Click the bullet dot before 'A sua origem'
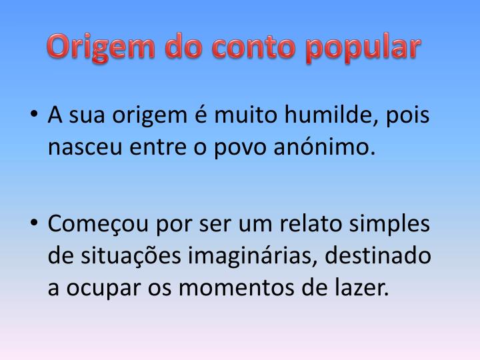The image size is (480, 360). (x=35, y=117)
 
